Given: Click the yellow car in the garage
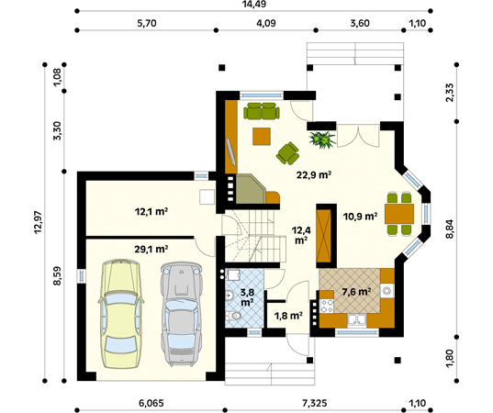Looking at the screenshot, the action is click(121, 314).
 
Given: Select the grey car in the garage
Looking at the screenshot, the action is click(182, 314).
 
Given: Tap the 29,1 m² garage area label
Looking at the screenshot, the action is click(151, 250).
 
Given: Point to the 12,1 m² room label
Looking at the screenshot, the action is click(151, 211).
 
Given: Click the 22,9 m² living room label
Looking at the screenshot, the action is click(314, 174).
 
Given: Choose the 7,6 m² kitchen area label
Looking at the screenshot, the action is click(356, 292).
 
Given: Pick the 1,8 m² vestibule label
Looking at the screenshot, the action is click(288, 315).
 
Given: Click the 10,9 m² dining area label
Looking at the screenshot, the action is click(360, 217).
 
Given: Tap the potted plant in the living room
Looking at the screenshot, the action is click(322, 140).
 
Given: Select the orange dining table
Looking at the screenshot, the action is click(399, 214).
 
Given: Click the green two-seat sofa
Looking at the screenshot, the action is click(262, 111).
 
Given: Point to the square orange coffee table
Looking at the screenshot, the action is click(262, 137).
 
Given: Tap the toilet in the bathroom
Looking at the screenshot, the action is click(233, 315).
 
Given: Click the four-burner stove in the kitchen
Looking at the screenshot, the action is click(326, 307).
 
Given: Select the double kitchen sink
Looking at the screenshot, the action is click(357, 320).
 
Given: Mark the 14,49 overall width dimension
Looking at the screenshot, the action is click(254, 4).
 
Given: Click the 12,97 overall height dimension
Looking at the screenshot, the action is click(39, 222).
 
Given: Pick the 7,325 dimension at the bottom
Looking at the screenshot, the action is click(314, 403).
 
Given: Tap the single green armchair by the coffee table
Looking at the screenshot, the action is click(287, 153).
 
